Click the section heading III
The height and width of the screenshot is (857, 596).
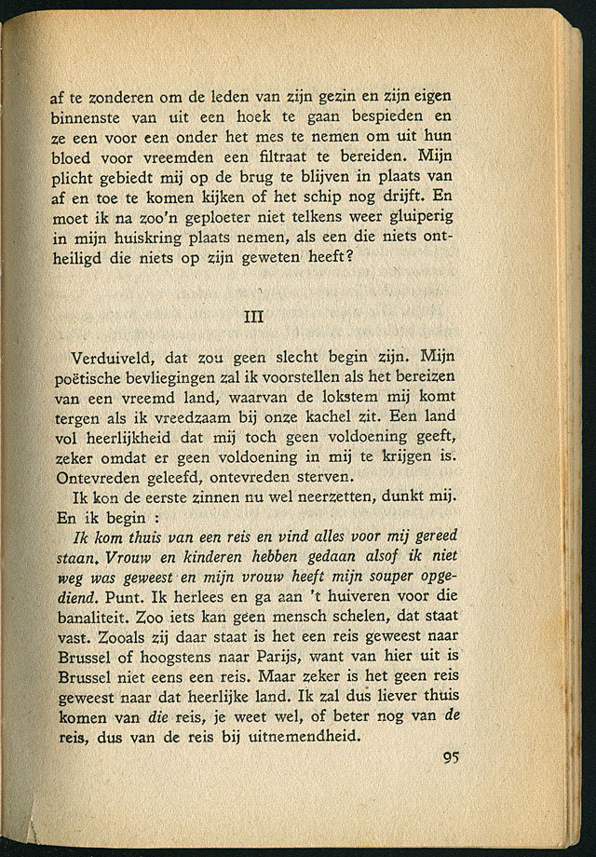pyautogui.click(x=254, y=316)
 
